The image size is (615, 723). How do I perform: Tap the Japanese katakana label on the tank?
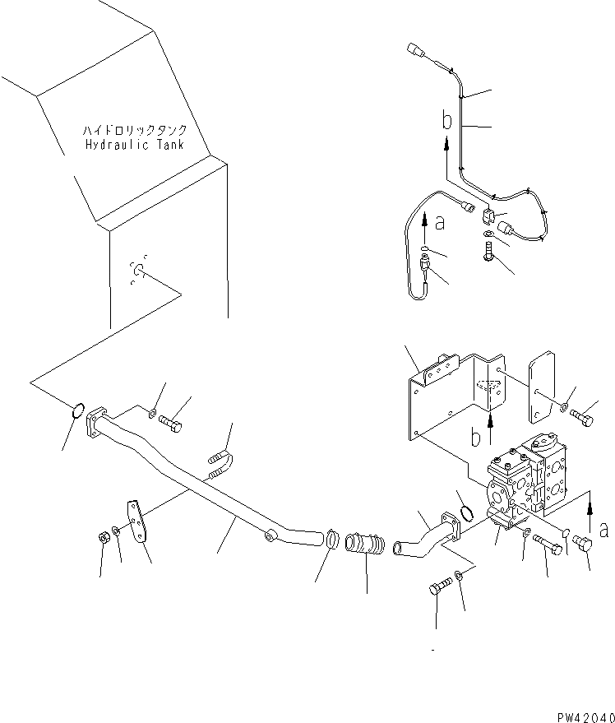[135, 130]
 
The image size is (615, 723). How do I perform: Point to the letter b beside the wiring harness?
[446, 122]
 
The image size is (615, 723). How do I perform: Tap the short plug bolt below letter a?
[584, 544]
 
